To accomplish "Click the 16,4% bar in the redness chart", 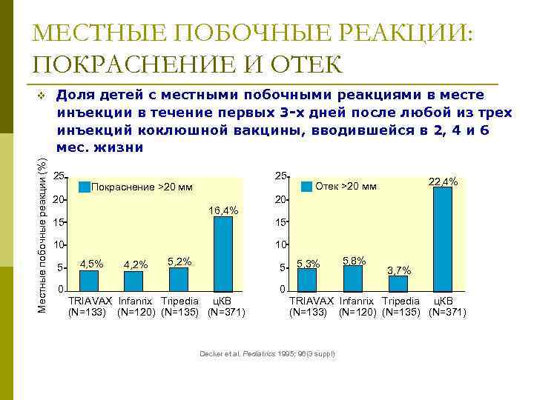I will pos(222,253).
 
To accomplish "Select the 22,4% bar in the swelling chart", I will pos(442,239).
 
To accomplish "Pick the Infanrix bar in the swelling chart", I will pos(353,277).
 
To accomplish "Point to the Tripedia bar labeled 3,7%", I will pos(398,282).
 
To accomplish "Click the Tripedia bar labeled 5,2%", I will pos(179,279).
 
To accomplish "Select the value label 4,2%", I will pos(136,264).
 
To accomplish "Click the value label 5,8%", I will pos(354,260).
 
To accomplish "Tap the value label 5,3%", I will pos(308,263).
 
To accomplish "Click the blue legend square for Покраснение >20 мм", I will pos(84,187).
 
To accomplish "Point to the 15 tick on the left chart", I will pos(60,223).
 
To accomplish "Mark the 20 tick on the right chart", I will pos(280,201).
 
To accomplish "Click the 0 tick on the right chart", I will pos(282,290).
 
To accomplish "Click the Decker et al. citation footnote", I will pos(267,353).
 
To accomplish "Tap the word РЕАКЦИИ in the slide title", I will pos(397,34).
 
